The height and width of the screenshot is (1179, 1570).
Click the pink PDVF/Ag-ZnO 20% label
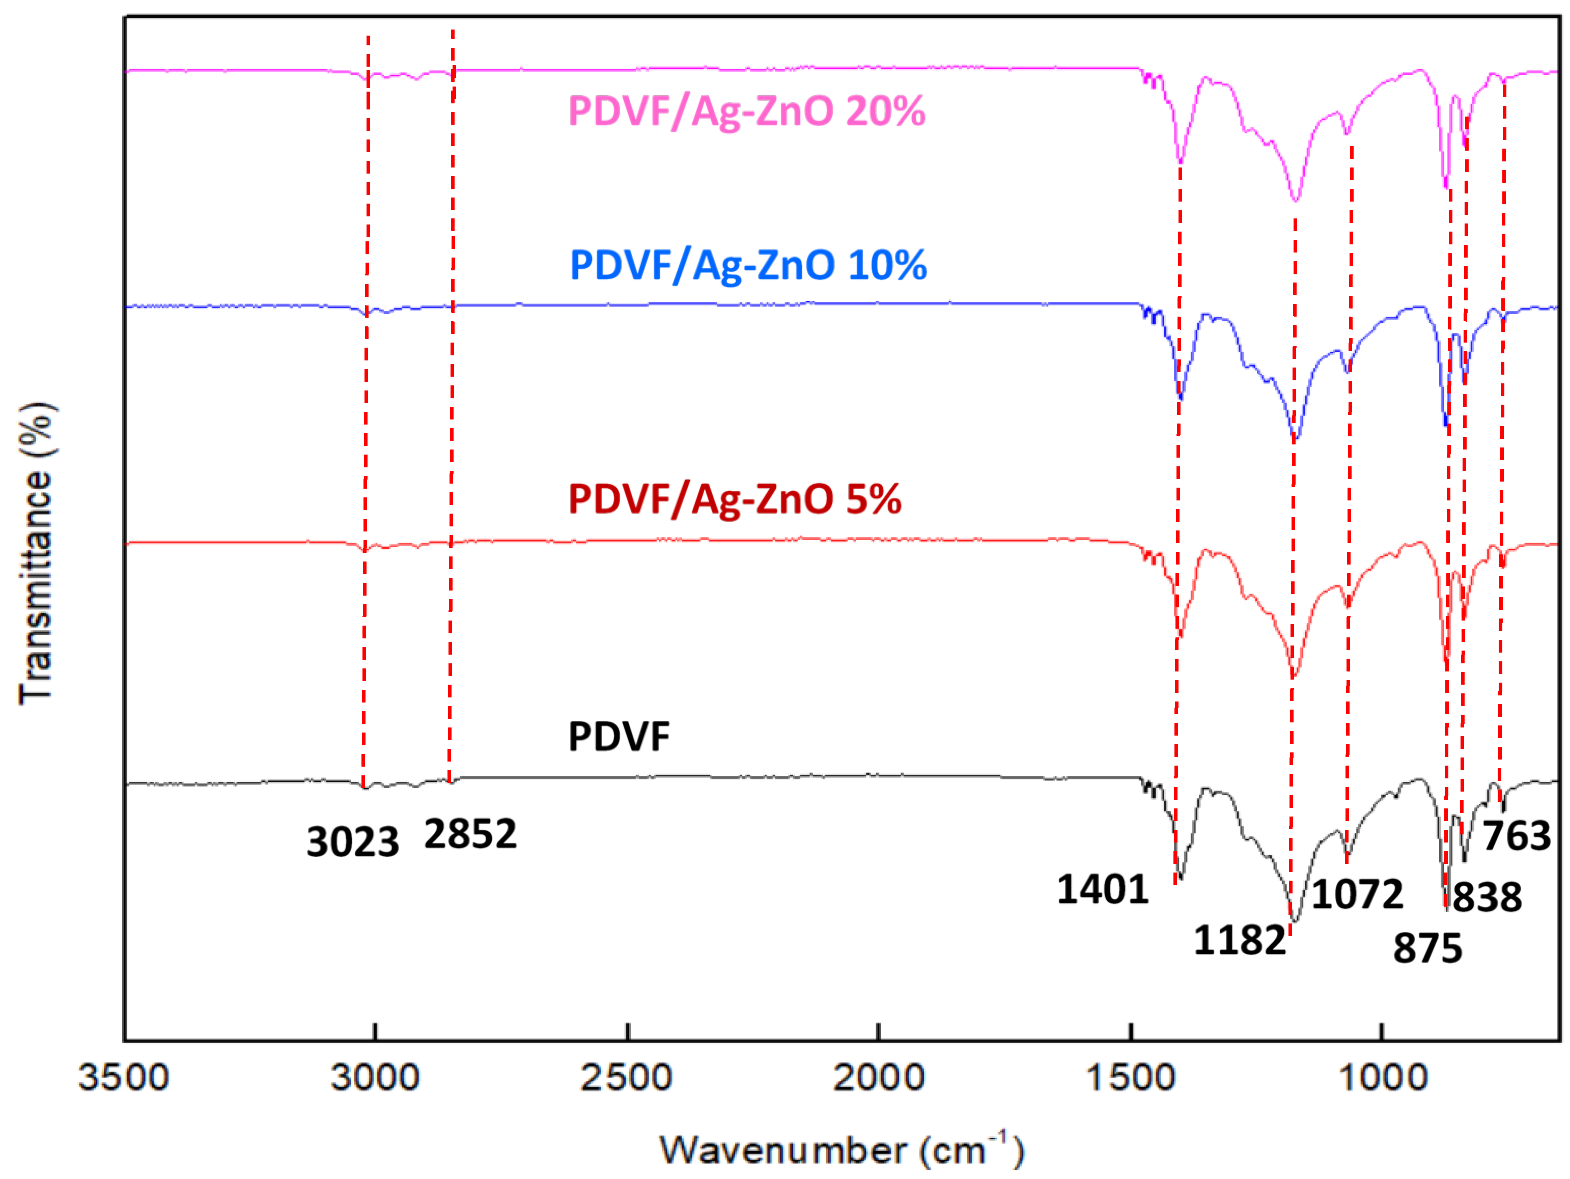[747, 111]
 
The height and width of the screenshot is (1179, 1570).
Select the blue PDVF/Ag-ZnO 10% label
[748, 265]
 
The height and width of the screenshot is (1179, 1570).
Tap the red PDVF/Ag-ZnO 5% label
[735, 500]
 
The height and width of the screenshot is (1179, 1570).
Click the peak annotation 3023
[353, 843]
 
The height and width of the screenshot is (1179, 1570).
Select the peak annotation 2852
[470, 834]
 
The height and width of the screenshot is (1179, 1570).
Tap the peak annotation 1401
[1102, 889]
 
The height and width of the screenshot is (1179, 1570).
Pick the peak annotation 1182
[1239, 941]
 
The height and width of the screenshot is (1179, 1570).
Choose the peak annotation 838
[1487, 897]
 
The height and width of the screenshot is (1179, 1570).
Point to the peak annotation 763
[1517, 836]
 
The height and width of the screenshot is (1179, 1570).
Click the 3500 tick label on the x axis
[124, 1078]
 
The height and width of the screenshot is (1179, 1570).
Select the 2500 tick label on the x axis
[626, 1078]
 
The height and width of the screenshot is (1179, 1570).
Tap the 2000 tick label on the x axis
[879, 1078]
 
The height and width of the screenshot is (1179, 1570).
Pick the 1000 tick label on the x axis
[1383, 1078]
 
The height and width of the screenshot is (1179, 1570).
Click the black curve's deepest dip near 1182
[1296, 921]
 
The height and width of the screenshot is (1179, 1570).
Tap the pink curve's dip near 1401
[1181, 162]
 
